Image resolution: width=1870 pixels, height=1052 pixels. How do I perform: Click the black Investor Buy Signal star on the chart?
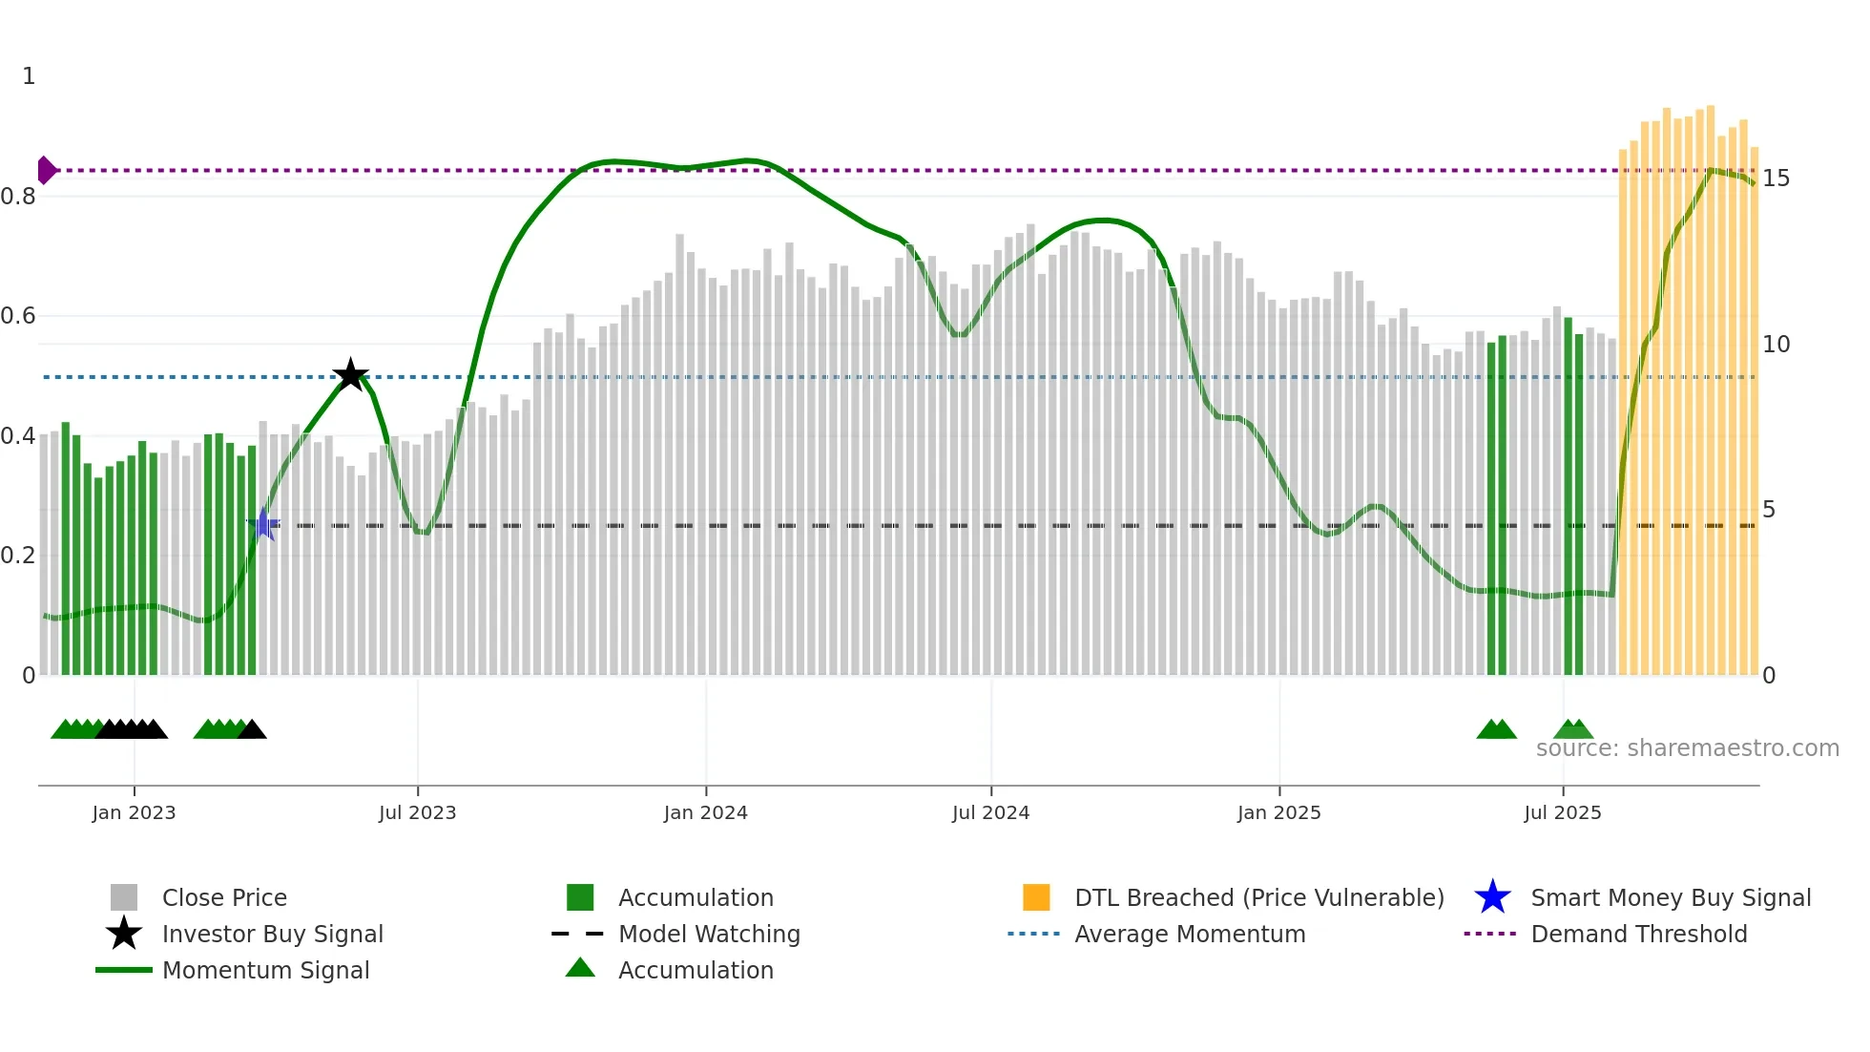pos(350,375)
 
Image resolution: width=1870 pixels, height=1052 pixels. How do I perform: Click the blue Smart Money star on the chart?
pos(263,524)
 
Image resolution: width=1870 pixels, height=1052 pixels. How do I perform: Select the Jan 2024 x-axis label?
pos(705,813)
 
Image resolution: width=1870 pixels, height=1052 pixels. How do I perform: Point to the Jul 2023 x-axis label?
pos(417,813)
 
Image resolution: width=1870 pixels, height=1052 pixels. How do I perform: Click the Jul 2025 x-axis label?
pos(1562,813)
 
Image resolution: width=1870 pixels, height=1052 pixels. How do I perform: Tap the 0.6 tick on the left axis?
pos(18,316)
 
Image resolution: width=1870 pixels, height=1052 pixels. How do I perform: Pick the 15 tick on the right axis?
pos(1776,179)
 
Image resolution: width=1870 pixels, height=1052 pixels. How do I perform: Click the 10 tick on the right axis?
pos(1776,345)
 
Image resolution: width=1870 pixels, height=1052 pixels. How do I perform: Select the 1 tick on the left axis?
pos(29,76)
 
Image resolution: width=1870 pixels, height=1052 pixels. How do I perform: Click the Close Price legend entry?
pos(224,898)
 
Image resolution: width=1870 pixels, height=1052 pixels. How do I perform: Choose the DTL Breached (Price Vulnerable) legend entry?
pos(1258,898)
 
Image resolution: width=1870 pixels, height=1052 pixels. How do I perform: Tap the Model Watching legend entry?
pos(708,935)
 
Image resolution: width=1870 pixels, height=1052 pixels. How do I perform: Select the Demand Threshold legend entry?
pos(1638,935)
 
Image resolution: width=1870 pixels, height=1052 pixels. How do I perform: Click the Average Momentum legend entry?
pos(1189,935)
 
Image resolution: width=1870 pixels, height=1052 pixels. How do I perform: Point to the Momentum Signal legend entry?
pos(265,971)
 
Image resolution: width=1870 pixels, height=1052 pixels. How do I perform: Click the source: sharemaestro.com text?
pos(1687,748)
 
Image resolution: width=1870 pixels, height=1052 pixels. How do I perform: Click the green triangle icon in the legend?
pos(580,968)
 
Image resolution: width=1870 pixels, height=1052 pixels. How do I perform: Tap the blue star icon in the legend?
pos(1492,897)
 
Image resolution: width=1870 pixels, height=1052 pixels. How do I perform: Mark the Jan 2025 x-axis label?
pos(1278,813)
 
